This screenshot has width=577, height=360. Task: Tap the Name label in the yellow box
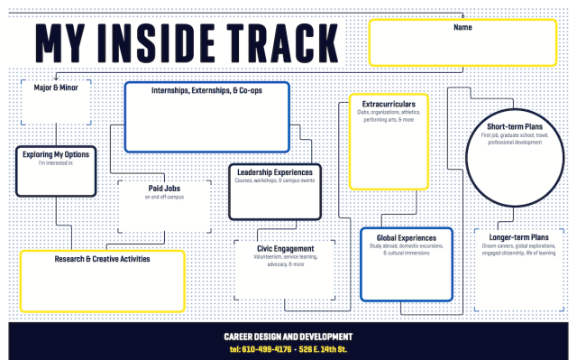463,28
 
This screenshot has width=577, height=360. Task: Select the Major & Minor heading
56,88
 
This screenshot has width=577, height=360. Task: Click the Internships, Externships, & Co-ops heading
206,91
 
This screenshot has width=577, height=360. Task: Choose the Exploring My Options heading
56,154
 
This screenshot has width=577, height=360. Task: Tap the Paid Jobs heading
166,189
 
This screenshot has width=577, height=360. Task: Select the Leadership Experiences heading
275,171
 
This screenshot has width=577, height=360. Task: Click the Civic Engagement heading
285,248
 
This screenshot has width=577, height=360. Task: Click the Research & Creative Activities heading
102,259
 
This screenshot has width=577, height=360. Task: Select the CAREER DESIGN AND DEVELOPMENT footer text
288,337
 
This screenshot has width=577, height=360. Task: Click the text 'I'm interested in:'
56,163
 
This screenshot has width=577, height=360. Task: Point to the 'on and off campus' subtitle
165,197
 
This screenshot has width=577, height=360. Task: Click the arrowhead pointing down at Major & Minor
55,78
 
